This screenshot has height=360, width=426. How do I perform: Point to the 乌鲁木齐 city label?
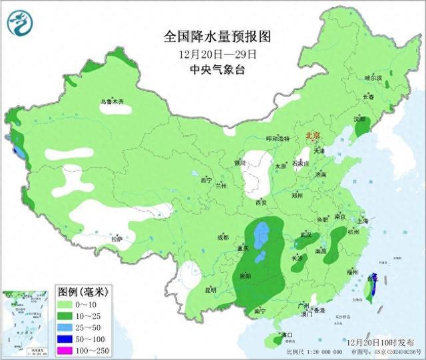(x=112, y=102)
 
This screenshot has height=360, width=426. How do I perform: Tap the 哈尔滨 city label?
(x=373, y=78)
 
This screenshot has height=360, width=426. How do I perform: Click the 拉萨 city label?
(x=117, y=238)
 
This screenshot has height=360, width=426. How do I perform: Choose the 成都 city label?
(x=222, y=237)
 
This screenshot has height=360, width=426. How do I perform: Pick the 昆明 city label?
(x=210, y=289)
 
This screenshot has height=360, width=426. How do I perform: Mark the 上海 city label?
(x=362, y=221)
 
